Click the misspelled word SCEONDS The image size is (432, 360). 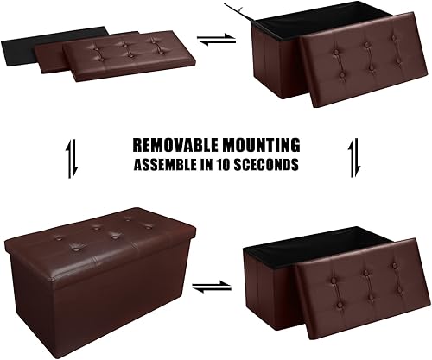click(x=272, y=164)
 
